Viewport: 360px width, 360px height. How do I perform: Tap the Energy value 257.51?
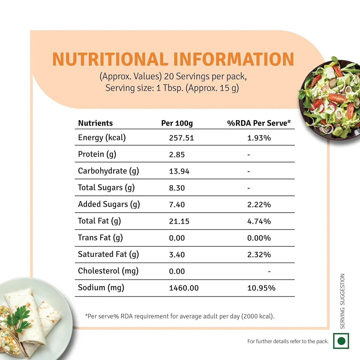[181, 138]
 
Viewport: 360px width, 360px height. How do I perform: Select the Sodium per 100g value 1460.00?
[184, 288]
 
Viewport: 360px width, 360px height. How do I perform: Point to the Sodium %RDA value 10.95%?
[261, 288]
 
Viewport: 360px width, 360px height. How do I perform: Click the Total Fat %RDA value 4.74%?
[259, 221]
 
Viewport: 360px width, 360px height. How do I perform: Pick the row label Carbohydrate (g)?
[108, 171]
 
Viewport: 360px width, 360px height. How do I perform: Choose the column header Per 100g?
[177, 123]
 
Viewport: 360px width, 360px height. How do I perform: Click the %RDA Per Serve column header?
[259, 123]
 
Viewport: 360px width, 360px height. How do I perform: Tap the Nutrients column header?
[95, 123]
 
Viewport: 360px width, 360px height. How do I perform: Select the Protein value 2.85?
[177, 155]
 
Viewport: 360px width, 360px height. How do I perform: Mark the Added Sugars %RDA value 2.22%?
[259, 205]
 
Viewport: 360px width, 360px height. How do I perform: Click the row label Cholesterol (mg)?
[108, 271]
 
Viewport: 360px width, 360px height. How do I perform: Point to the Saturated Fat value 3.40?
[177, 255]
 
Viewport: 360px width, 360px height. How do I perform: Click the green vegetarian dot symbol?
[341, 341]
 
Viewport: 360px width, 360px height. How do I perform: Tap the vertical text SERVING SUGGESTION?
[342, 301]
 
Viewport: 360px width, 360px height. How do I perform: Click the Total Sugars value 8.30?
[177, 188]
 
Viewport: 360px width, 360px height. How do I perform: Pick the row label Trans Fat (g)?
[100, 238]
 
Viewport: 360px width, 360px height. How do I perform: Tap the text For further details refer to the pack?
[288, 341]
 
